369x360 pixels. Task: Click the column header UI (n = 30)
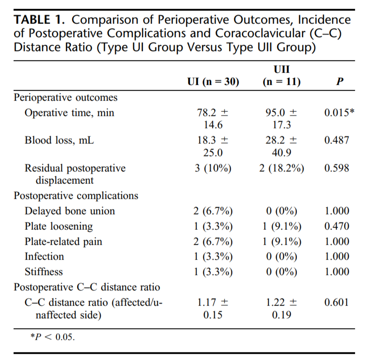pyautogui.click(x=212, y=82)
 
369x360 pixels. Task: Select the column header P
pyautogui.click(x=340, y=82)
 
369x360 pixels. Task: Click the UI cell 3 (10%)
pyautogui.click(x=212, y=169)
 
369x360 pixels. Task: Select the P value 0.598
pyautogui.click(x=337, y=169)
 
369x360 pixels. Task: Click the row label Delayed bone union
pyautogui.click(x=69, y=211)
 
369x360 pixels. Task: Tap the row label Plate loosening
pyautogui.click(x=59, y=226)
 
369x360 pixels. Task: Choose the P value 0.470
pyautogui.click(x=337, y=226)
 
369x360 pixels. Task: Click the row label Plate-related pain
pyautogui.click(x=63, y=242)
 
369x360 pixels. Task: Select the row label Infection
pyautogui.click(x=44, y=256)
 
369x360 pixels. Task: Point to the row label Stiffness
pyautogui.click(x=44, y=272)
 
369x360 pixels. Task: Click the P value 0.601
pyautogui.click(x=337, y=302)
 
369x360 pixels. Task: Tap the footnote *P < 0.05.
pyautogui.click(x=52, y=337)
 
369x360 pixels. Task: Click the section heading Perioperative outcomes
pyautogui.click(x=66, y=98)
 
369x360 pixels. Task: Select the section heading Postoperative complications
pyautogui.click(x=76, y=196)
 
